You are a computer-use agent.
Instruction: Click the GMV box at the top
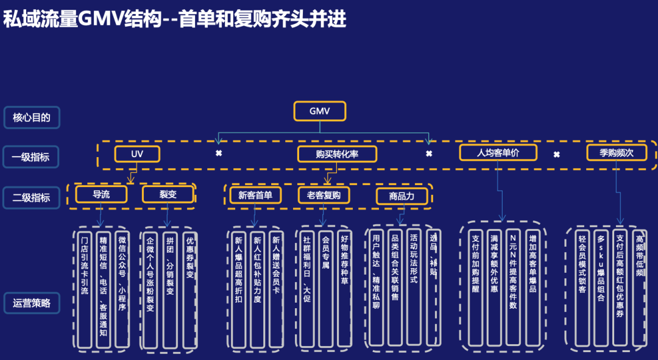(319, 111)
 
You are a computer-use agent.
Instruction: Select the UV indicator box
(137, 154)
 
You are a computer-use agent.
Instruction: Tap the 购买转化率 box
(337, 154)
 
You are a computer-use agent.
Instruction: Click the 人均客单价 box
(498, 152)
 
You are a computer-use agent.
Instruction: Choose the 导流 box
(101, 194)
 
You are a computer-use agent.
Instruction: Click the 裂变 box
(168, 194)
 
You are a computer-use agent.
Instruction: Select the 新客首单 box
(255, 195)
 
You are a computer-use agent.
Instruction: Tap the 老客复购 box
(324, 195)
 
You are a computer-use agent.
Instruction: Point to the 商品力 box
(402, 196)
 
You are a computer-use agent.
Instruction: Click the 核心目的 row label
(32, 118)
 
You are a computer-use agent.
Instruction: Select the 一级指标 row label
(32, 157)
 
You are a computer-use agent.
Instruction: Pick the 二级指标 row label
(32, 197)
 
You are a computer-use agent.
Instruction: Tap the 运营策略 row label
(32, 303)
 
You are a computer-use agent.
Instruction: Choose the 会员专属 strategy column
(325, 287)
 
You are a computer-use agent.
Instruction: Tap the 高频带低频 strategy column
(639, 286)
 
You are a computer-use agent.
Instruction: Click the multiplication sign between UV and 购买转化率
(219, 153)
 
